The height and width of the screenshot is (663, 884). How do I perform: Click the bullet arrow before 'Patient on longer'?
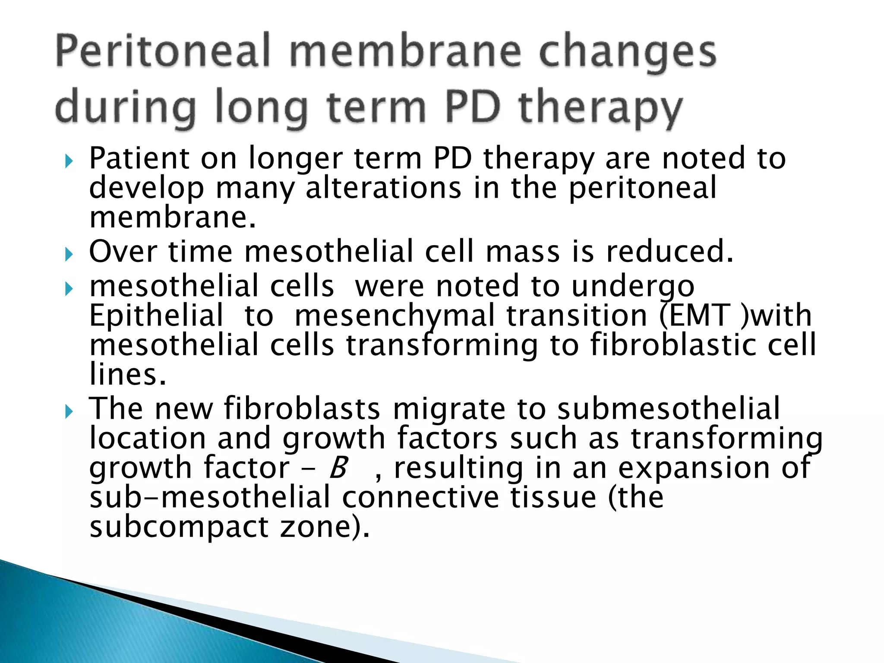(69, 162)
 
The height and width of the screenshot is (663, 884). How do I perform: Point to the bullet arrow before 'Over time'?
(69, 255)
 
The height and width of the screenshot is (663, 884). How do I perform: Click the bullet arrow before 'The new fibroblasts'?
(69, 412)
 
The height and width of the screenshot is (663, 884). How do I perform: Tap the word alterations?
(383, 188)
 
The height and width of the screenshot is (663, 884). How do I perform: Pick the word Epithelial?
(156, 315)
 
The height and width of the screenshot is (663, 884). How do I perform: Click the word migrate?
(449, 408)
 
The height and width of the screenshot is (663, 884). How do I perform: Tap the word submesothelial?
(668, 408)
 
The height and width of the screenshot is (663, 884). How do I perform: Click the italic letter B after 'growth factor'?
(338, 468)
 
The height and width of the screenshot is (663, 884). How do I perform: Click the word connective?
(420, 497)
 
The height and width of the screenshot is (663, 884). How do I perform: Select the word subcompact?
(179, 527)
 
